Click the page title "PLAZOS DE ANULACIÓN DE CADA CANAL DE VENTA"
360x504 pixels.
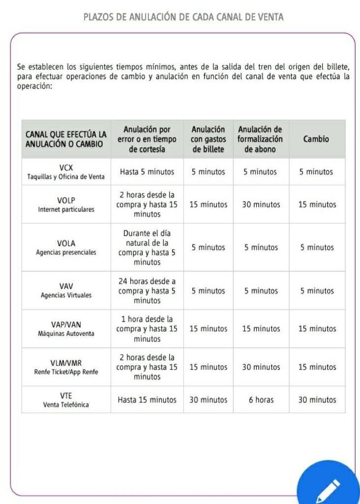click(183, 17)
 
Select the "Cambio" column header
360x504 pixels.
click(316, 139)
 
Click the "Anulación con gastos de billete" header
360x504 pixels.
click(208, 139)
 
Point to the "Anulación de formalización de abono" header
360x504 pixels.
click(260, 139)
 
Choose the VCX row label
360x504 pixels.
click(66, 172)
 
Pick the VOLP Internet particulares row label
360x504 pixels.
click(66, 204)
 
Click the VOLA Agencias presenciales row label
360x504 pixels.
click(66, 247)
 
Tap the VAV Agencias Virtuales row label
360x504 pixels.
click(66, 290)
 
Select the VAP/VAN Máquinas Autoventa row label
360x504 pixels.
click(66, 329)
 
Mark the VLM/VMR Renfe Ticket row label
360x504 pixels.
click(66, 367)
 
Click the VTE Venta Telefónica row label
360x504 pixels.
click(66, 400)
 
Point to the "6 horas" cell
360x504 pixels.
click(261, 400)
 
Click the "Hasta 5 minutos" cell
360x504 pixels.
click(147, 172)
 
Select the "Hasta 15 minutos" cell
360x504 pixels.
click(147, 400)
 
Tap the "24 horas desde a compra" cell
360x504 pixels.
click(147, 290)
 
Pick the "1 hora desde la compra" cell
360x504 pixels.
click(147, 329)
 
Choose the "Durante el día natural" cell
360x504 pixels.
click(147, 247)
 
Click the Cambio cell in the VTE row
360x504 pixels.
click(317, 400)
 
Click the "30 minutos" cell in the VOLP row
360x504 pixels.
click(261, 204)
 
